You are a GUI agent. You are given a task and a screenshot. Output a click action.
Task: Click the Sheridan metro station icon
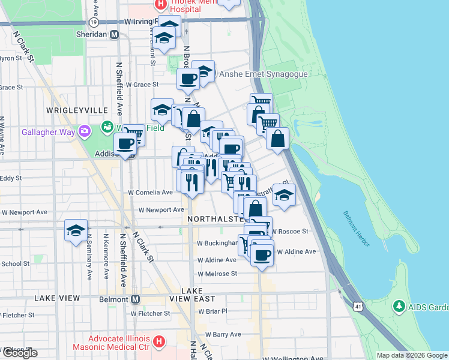point(113,34)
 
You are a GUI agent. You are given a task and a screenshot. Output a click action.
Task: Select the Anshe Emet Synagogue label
point(263,74)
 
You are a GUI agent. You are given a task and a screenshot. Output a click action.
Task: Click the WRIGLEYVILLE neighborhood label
point(76,111)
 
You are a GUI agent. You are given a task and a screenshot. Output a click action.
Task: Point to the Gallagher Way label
point(50,132)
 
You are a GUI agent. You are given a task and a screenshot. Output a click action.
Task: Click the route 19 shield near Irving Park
point(93,22)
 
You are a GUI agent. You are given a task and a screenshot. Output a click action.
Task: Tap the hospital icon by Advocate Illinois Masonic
point(159,341)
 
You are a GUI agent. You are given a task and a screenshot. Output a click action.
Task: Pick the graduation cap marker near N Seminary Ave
point(76,231)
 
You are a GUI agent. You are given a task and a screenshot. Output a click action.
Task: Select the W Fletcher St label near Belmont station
point(150,313)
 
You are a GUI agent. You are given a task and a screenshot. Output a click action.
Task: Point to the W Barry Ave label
point(223,334)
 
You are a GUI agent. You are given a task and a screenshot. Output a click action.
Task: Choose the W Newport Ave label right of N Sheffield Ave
point(161,210)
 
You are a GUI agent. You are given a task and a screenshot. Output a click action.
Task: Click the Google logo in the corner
point(20,353)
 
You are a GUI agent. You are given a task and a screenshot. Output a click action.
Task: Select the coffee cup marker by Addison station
point(126,144)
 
